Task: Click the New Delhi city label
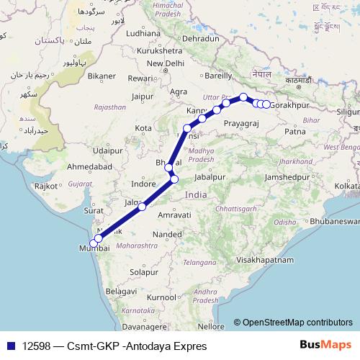coord(166,63)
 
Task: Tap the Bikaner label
coord(102,76)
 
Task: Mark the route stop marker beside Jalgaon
coord(143,207)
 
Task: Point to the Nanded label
coord(167,235)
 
